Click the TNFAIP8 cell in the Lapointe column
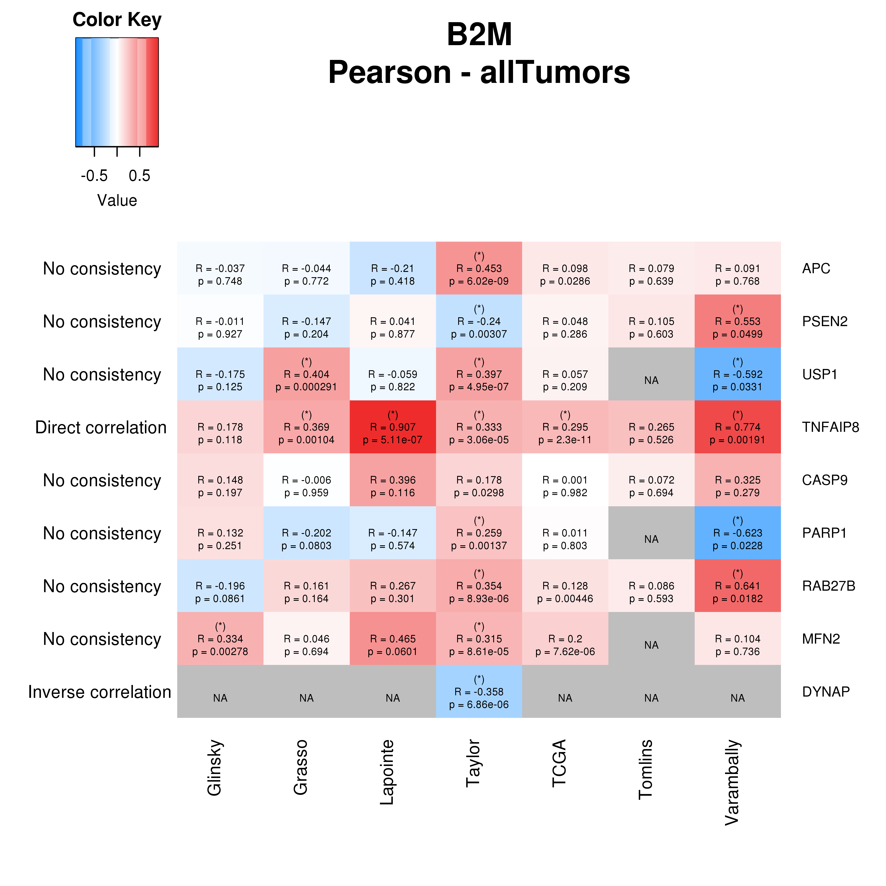point(393,427)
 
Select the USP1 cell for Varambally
point(737,374)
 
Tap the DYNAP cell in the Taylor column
point(479,692)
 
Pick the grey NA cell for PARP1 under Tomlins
point(651,533)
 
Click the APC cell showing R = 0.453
point(479,268)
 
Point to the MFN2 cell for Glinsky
point(220,639)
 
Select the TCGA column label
point(559,764)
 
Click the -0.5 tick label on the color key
point(94,176)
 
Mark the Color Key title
point(117,20)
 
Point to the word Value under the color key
point(117,200)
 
